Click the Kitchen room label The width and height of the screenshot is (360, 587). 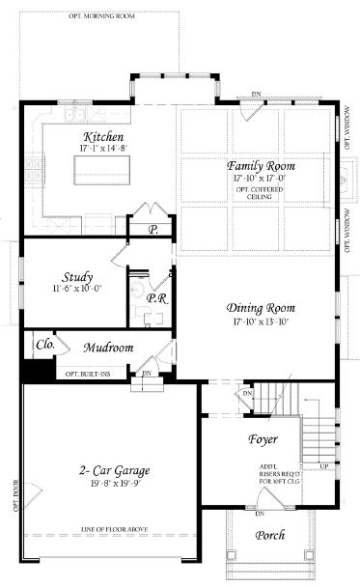pos(103,137)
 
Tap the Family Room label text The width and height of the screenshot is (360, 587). pos(261,166)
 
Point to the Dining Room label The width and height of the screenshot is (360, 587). pos(260,308)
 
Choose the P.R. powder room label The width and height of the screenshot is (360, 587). pos(156,299)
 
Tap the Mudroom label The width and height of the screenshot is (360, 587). pos(108,348)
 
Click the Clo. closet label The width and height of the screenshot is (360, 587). pos(43,343)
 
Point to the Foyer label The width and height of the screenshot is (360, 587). pos(262,439)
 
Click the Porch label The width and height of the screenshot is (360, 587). pos(270,536)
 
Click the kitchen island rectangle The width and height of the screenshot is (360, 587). pos(101,171)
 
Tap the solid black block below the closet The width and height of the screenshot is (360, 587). pos(39,372)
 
